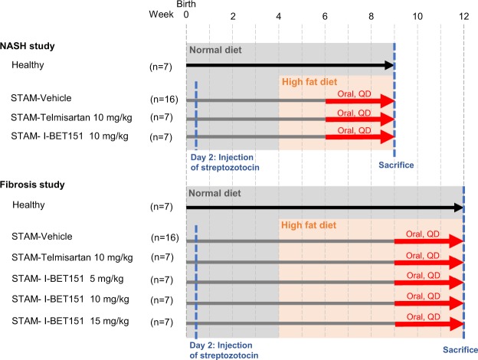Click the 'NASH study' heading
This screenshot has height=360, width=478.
31,45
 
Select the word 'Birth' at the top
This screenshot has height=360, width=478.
186,5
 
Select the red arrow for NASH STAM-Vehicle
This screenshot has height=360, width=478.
358,100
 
